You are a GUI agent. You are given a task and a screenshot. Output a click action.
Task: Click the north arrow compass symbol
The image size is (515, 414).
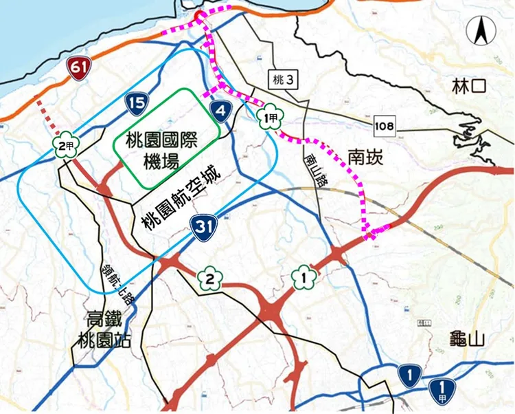(479, 30)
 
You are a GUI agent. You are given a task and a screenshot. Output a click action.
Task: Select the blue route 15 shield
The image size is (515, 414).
(136, 104)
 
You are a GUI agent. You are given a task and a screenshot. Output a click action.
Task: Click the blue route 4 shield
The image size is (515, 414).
(220, 110)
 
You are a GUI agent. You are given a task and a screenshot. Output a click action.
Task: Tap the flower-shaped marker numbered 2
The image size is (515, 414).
(210, 279)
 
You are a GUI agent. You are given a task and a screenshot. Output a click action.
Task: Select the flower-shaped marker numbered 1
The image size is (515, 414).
(304, 276)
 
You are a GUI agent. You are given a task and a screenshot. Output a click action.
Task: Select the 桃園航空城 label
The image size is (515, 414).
(180, 199)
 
